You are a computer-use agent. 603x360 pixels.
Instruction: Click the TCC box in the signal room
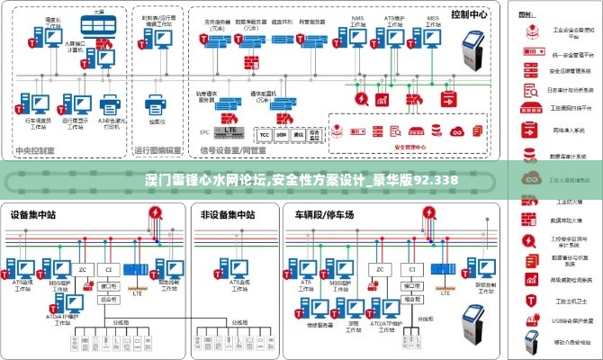click(265, 134)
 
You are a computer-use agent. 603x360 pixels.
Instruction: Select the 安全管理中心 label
click(409, 145)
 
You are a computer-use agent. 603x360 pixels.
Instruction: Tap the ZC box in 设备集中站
click(84, 269)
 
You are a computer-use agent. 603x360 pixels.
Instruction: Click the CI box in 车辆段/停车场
click(412, 269)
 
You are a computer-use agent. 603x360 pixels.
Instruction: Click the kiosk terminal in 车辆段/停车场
click(474, 321)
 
